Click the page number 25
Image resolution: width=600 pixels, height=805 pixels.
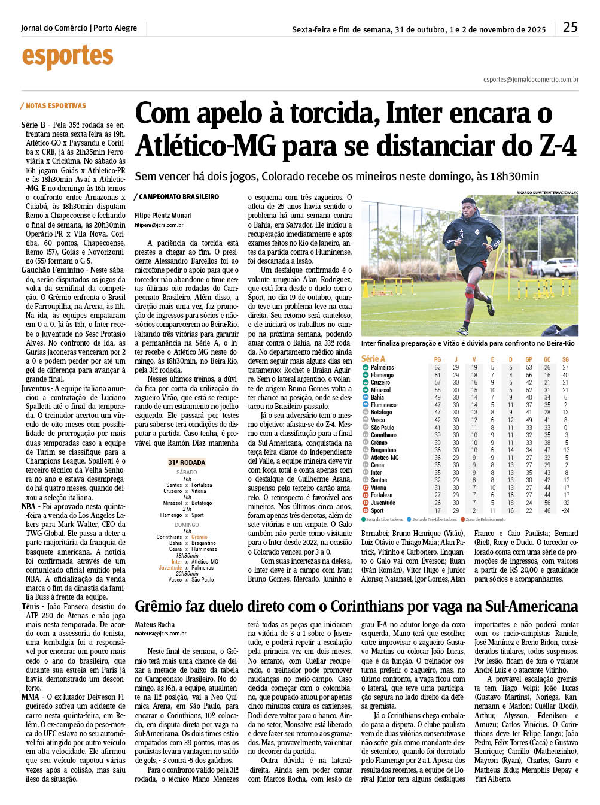570,27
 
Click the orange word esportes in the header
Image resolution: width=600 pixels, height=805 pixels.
68,56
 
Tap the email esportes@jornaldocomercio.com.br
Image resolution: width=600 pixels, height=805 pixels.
531,80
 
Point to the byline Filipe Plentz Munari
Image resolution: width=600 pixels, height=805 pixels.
163,216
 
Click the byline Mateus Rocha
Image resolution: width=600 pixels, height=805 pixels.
155,625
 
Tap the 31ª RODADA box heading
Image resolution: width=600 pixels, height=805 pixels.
187,462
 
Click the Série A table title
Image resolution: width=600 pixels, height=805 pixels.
373,358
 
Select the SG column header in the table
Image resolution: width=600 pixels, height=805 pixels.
565,359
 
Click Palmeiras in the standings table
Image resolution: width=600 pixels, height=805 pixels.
382,367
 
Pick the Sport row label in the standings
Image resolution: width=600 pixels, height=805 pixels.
377,510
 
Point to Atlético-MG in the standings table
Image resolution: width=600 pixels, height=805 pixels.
385,458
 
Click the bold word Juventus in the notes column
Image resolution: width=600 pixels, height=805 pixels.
35,388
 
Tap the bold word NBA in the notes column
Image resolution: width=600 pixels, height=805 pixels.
28,506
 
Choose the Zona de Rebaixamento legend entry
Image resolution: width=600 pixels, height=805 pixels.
485,519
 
